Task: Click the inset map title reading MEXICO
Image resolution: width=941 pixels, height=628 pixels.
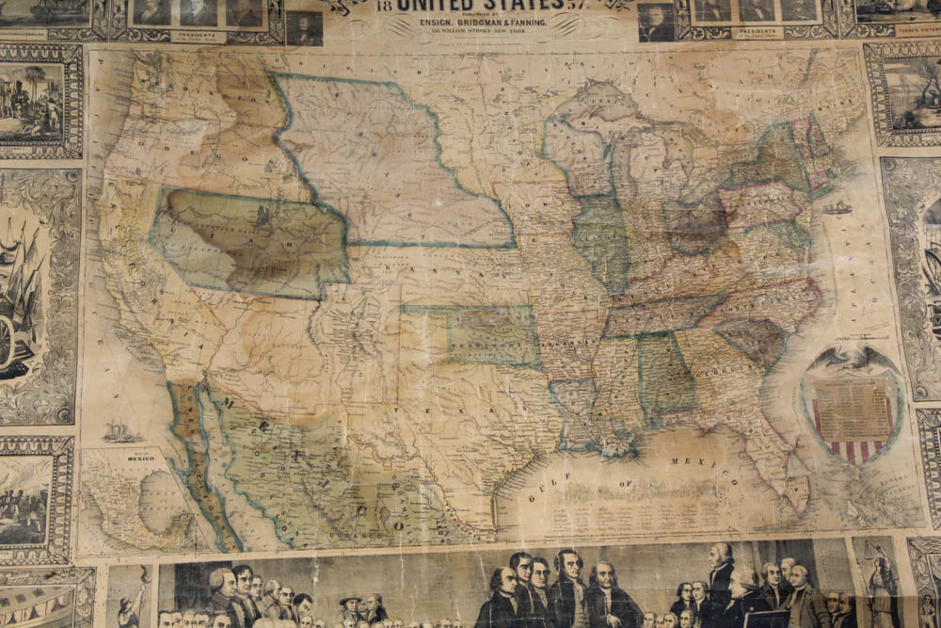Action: [x=140, y=458]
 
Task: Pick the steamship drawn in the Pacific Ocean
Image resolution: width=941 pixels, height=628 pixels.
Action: [x=121, y=432]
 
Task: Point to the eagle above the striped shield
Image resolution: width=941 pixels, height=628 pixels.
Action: [x=852, y=359]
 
